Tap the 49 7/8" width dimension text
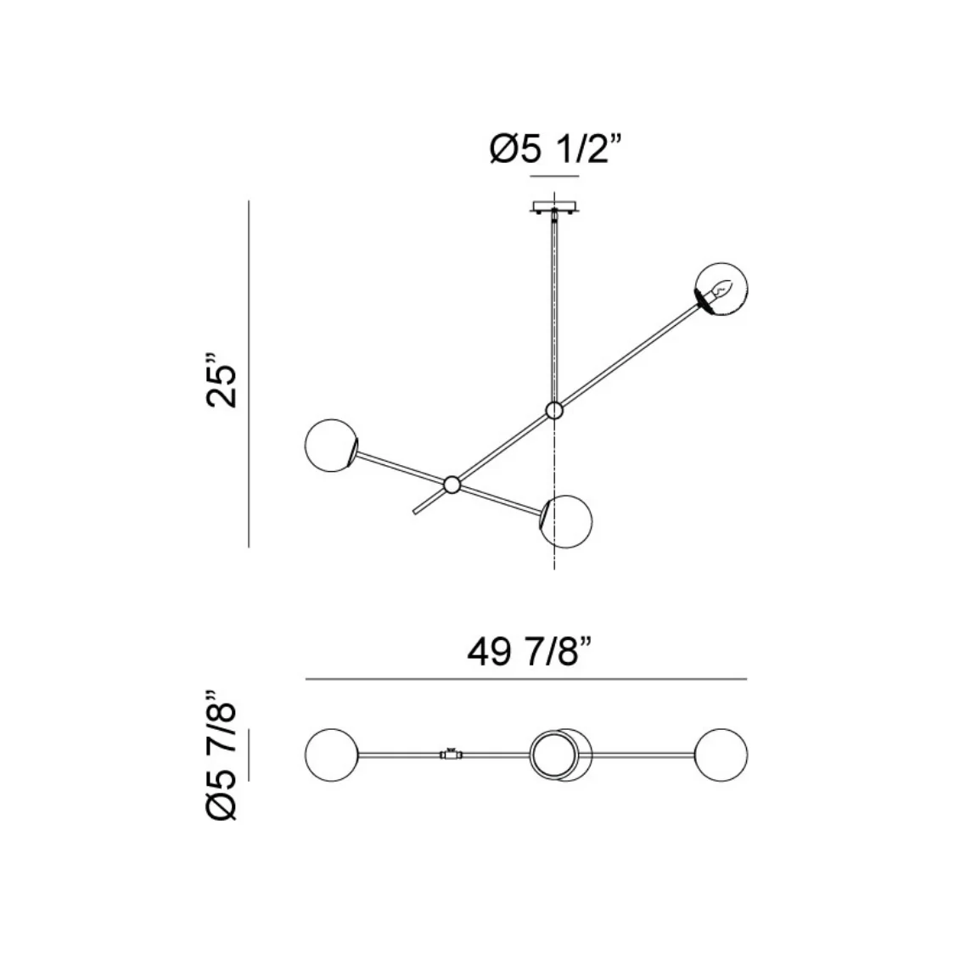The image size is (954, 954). coord(527,654)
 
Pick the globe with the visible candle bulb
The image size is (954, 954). coord(722,289)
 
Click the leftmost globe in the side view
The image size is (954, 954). coord(330,445)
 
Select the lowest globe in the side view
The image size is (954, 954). coord(567,521)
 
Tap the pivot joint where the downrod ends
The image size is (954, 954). coord(554,412)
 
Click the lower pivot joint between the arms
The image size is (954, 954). coord(452,485)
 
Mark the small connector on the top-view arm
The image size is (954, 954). coord(450,754)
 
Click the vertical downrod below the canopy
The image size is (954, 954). coord(554,306)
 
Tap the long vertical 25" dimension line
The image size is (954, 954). coord(249,374)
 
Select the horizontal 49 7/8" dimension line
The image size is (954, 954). coord(526,679)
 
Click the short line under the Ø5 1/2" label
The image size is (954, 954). coord(553,177)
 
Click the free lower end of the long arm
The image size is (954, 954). coord(414,512)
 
